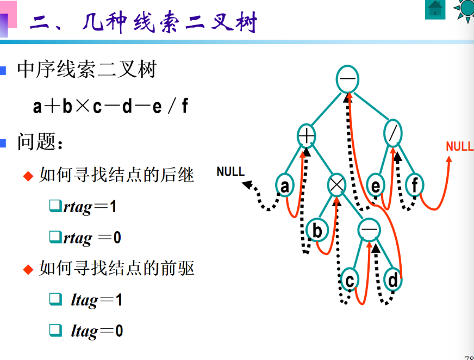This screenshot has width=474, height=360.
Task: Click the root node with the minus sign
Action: (347, 79)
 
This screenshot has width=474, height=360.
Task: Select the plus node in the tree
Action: (307, 135)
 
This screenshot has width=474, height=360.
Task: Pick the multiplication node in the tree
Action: (336, 185)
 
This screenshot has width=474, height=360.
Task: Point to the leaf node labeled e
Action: (375, 186)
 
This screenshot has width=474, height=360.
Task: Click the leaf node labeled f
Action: (414, 186)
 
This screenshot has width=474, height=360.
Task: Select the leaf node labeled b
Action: (316, 231)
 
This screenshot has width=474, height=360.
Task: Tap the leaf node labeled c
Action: (350, 281)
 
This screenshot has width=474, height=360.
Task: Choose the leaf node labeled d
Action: (392, 280)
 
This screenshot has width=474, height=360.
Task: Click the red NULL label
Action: (459, 147)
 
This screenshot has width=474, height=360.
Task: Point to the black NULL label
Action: (230, 172)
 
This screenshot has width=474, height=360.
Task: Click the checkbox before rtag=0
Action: (54, 237)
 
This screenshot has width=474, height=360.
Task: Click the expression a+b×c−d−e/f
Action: (110, 106)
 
